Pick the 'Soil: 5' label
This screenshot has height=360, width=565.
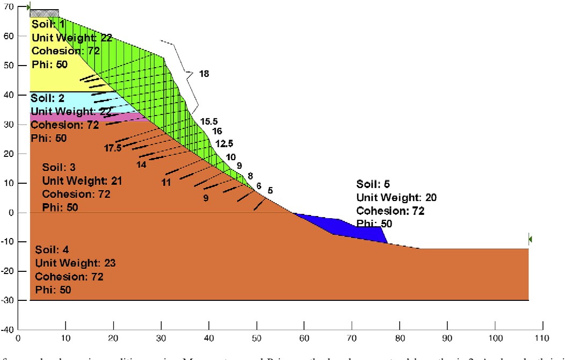click(x=372, y=184)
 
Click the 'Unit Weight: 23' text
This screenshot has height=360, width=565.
click(x=75, y=263)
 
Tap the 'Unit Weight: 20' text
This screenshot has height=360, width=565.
click(x=396, y=198)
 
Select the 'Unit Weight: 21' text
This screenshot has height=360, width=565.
click(x=82, y=181)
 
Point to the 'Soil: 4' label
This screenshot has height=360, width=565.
click(x=52, y=250)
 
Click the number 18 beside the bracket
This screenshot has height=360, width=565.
click(x=204, y=74)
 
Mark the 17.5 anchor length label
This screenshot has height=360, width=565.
click(x=113, y=148)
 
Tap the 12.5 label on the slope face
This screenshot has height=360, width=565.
click(x=224, y=143)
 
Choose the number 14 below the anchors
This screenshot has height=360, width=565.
click(x=141, y=165)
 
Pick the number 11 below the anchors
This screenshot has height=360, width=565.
click(x=166, y=182)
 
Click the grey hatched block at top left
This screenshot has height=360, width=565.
click(x=44, y=13)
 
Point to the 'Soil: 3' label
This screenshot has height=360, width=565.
click(x=59, y=168)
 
